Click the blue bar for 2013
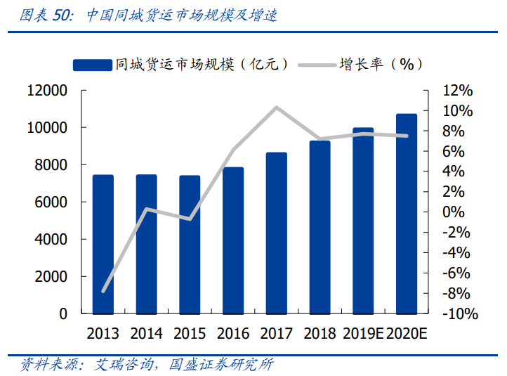(x=103, y=244)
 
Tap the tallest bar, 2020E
(x=406, y=214)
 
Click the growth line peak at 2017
(x=277, y=108)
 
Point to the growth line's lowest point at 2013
(x=104, y=291)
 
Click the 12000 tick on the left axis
(x=47, y=91)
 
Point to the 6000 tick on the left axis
(x=51, y=202)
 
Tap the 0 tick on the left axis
(x=63, y=314)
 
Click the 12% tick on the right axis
(x=457, y=91)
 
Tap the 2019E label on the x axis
(x=362, y=333)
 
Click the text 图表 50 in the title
(x=46, y=15)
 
